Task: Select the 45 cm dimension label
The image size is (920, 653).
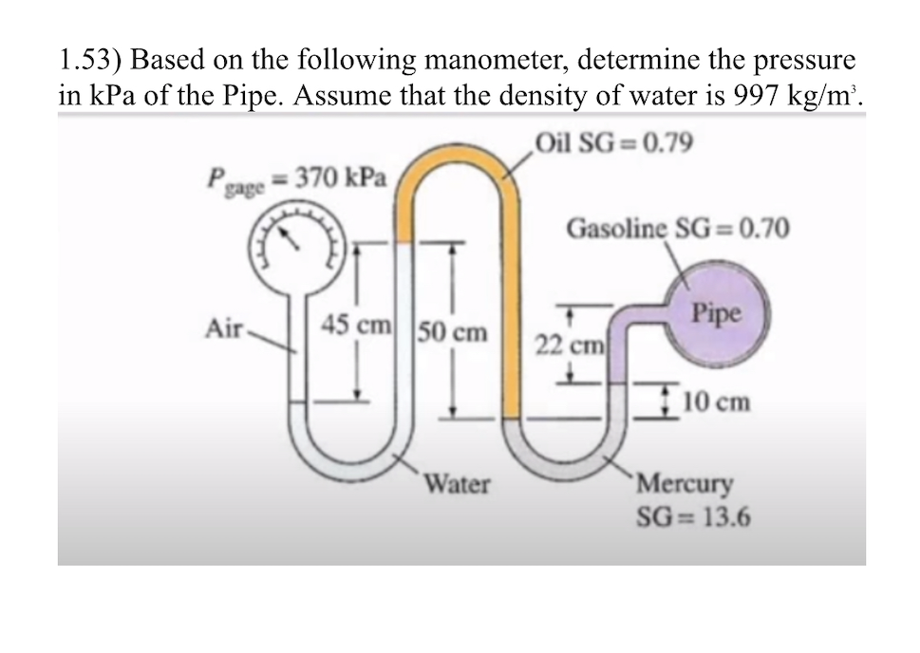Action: click(356, 324)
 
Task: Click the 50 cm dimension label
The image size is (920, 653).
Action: click(453, 332)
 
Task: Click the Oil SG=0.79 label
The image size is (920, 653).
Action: click(613, 143)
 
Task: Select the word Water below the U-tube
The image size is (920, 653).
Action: click(456, 485)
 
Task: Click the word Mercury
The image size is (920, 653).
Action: click(685, 484)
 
